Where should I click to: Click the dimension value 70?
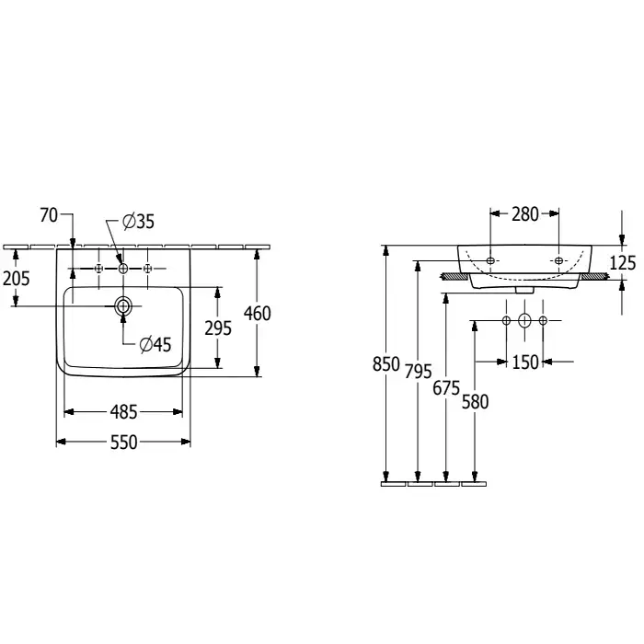click(x=49, y=215)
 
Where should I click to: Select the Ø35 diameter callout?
click(x=138, y=221)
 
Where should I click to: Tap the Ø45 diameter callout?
click(x=155, y=345)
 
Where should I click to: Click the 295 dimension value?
click(x=218, y=328)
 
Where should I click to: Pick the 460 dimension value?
click(x=257, y=314)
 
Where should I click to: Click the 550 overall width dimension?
click(x=123, y=443)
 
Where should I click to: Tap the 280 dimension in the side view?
click(x=524, y=214)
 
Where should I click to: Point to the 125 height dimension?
click(x=623, y=263)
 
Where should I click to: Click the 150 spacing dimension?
click(x=524, y=362)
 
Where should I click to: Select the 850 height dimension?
click(x=386, y=363)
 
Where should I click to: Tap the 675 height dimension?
click(x=445, y=387)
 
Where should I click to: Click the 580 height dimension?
click(x=475, y=401)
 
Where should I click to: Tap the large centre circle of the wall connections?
click(x=524, y=320)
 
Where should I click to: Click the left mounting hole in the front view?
click(x=490, y=260)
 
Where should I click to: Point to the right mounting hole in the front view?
click(x=558, y=260)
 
